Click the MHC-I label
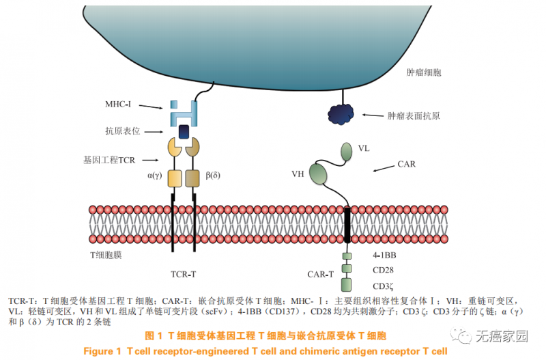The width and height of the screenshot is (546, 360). point(117,105)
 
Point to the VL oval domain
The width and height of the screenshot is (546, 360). point(345,150)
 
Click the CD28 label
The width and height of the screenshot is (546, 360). point(384,270)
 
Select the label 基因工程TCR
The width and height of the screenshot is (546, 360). point(110,160)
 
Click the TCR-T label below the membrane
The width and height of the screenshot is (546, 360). point(183,275)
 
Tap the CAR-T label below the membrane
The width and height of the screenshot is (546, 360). point(321,275)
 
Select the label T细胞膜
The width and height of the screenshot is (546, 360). point(109,254)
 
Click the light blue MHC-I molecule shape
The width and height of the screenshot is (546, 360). point(184,111)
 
